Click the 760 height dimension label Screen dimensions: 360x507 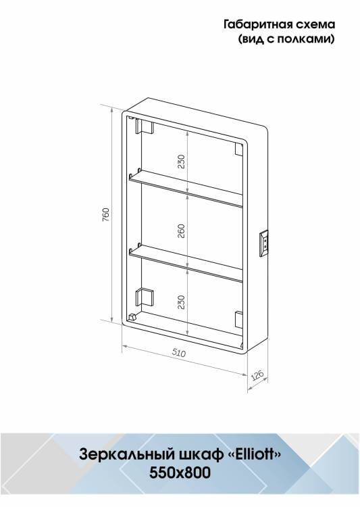(x=106, y=215)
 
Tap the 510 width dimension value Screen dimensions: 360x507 (x=179, y=353)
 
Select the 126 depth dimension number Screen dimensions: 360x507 (x=257, y=375)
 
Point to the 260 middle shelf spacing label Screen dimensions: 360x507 (x=181, y=231)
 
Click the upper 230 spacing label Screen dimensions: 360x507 (x=181, y=162)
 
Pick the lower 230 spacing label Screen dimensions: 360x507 (x=181, y=301)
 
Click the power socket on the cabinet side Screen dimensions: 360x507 (x=263, y=243)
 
